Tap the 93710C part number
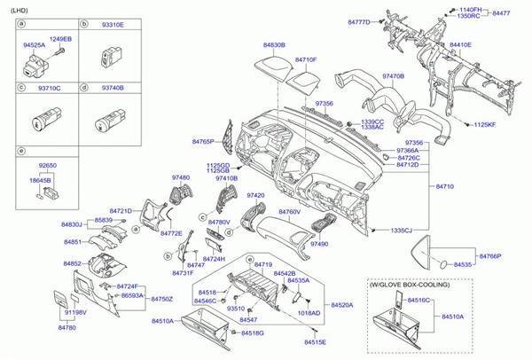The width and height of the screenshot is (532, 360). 48,89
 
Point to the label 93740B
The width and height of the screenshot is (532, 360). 112,89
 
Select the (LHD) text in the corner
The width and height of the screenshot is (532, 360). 16,8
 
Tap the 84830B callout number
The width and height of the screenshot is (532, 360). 274,43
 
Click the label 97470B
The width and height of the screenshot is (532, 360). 393,76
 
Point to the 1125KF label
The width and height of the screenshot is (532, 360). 483,125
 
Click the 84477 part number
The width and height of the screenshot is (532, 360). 502,13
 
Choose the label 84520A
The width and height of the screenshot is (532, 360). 341,304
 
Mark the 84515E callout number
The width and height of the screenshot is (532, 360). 315,341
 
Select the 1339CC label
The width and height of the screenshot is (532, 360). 372,121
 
